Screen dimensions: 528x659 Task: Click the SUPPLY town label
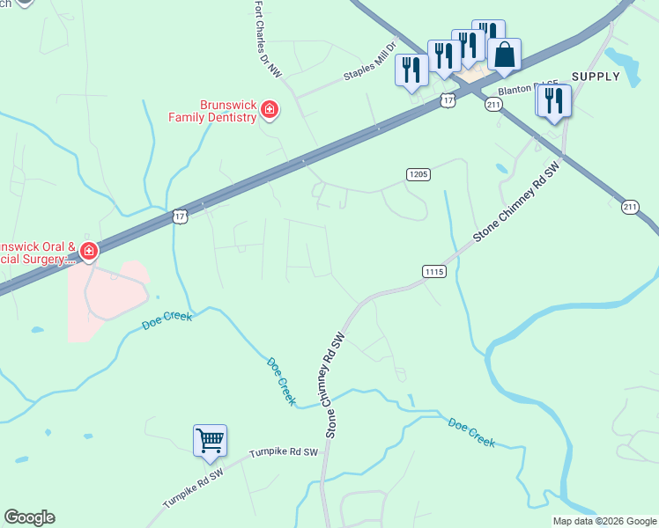coord(596,77)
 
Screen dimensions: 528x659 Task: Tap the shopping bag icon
coord(503,55)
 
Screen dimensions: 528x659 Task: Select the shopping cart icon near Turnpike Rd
coord(210,439)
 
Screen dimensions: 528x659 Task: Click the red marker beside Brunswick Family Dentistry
coord(270,111)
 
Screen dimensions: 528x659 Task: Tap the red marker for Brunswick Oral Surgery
coord(88,253)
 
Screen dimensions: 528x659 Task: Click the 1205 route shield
coord(418,174)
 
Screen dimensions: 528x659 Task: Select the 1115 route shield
coord(433,271)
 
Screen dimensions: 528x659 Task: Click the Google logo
coord(29,517)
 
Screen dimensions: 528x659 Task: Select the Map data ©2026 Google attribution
coord(604,521)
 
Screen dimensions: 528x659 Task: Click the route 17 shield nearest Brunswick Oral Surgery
coord(181,216)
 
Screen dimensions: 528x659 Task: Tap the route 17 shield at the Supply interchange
coord(448,101)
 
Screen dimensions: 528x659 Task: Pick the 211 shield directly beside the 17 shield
coord(493,105)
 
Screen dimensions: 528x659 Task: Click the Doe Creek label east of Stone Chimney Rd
coord(471,432)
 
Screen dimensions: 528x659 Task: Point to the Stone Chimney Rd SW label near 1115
coord(515,202)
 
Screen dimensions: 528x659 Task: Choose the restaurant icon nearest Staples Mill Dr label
coord(411,70)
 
